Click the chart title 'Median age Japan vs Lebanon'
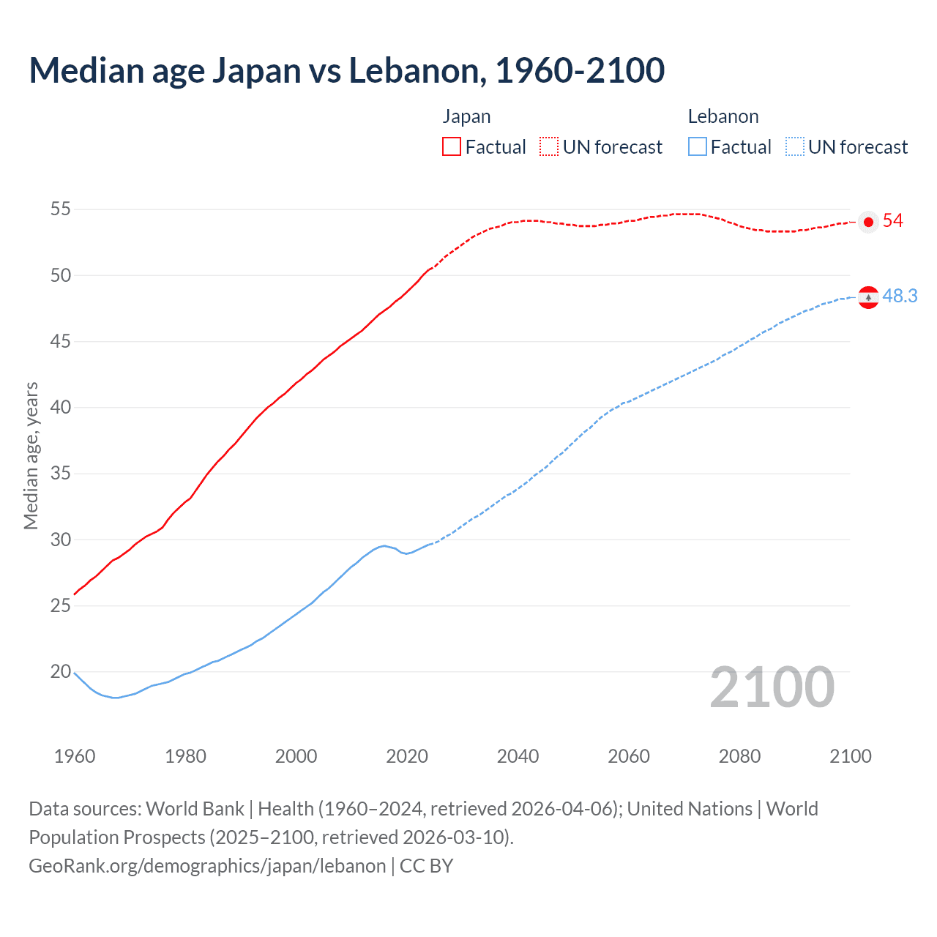[346, 70]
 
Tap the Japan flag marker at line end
[868, 222]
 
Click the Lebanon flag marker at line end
[868, 297]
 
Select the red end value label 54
[892, 221]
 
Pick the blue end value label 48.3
[900, 296]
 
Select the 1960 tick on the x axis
[75, 756]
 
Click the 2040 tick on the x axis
[518, 756]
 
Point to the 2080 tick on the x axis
[739, 756]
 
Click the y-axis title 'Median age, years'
[31, 455]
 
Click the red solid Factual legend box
[452, 147]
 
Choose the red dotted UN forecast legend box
[549, 147]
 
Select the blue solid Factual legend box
[698, 147]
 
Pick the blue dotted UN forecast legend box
[794, 147]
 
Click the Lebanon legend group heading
[723, 117]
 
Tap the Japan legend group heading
[466, 117]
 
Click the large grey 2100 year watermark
[772, 687]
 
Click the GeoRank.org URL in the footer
[207, 866]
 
